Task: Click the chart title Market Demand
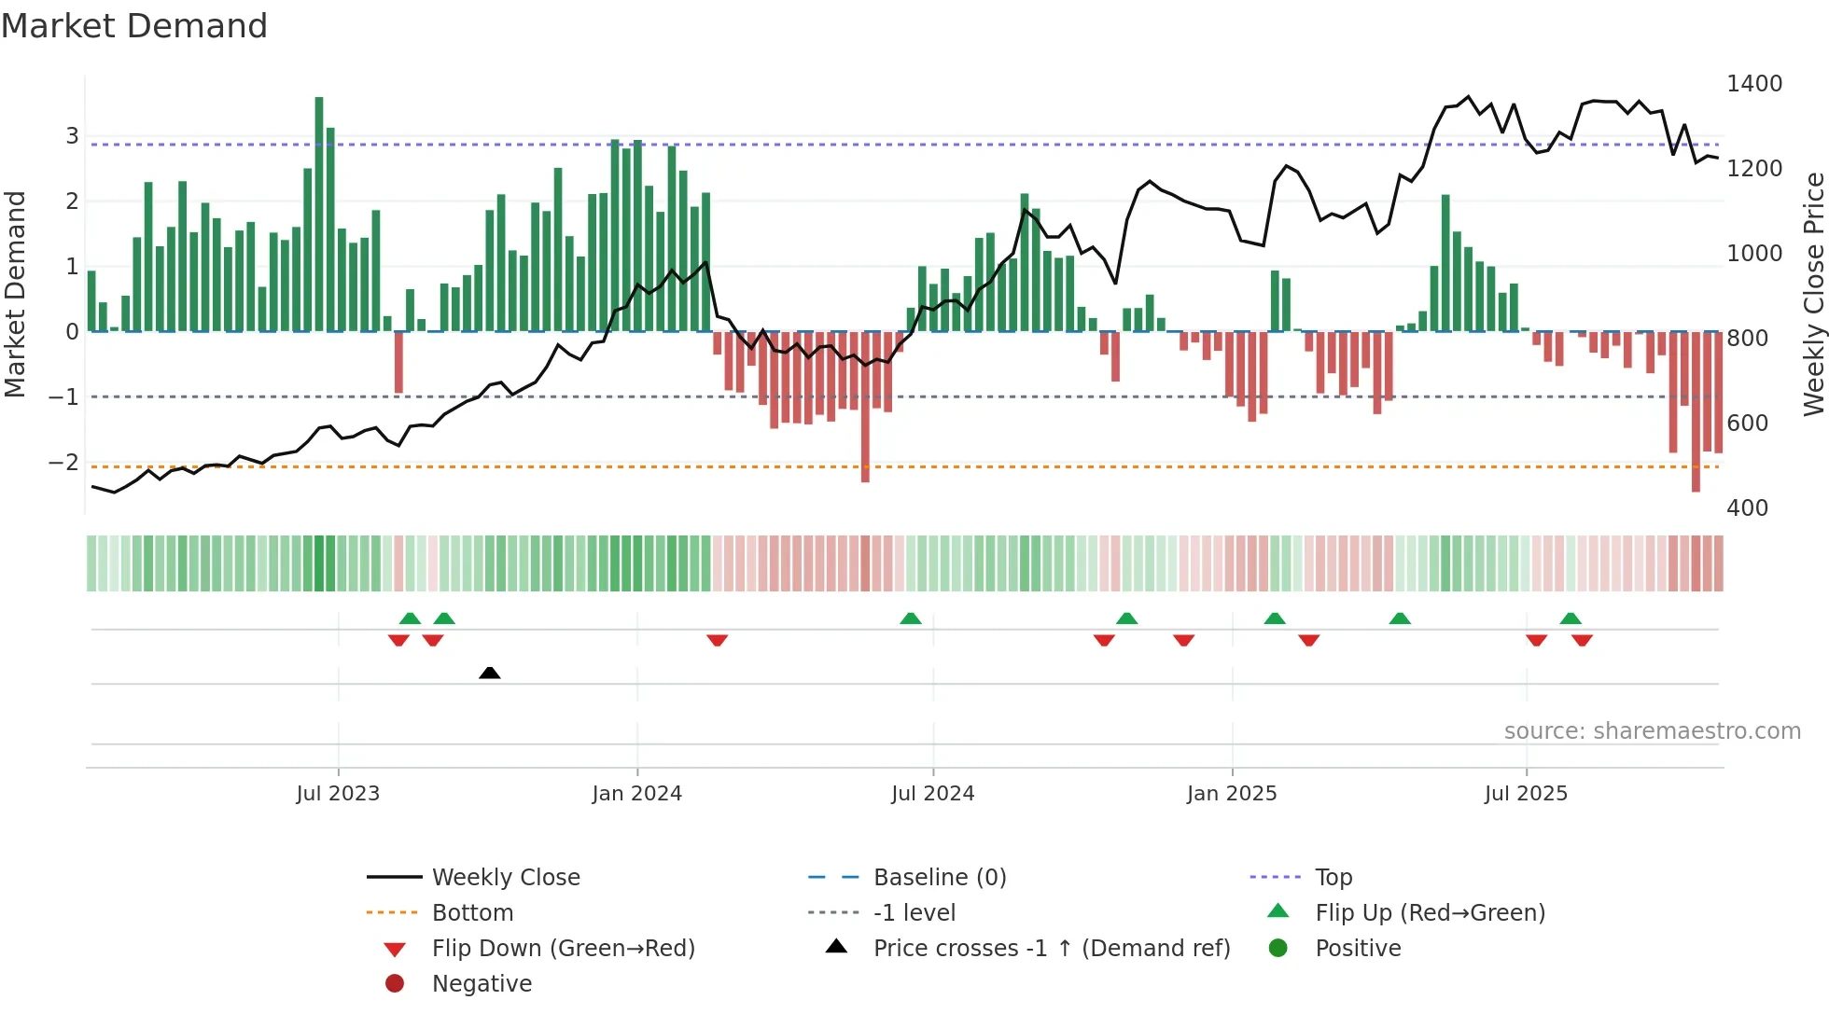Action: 134,26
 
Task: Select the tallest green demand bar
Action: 319,215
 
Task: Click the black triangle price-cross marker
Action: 490,673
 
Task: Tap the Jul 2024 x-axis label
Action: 932,794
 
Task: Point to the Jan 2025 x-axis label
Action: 1232,794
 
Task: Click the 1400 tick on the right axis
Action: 1754,84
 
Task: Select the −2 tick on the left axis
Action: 64,463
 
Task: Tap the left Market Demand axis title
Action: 16,294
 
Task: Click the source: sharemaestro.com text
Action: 1652,731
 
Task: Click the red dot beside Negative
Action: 395,984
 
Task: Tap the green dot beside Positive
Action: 1278,949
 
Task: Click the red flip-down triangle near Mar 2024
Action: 717,640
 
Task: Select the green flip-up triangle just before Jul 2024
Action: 911,618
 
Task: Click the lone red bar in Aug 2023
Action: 398,362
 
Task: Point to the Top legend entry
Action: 1333,878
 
